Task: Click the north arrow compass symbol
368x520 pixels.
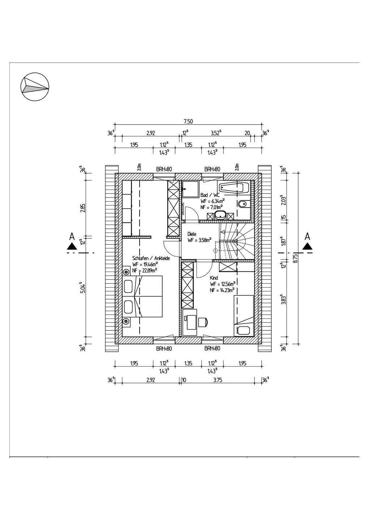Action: point(35,87)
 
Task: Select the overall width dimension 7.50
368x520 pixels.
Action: point(188,121)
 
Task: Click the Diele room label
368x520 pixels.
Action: point(192,234)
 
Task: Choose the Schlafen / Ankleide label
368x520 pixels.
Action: point(151,258)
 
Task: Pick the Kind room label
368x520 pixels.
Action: point(214,278)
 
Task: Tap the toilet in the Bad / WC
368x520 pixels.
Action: point(243,204)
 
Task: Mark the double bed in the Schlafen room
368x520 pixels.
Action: point(148,296)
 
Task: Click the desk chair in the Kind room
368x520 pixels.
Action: point(202,321)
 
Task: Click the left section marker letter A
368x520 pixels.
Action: point(72,237)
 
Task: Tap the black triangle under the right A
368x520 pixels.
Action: point(308,246)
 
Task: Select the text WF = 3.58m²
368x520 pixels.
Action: point(199,240)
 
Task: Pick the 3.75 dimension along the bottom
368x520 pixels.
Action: point(217,380)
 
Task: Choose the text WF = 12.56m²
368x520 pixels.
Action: point(223,284)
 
